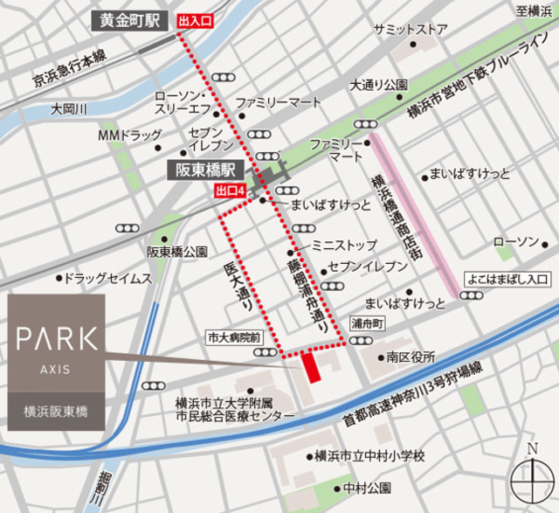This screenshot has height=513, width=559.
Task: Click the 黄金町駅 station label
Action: (130, 19)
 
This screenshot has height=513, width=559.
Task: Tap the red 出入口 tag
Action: (195, 19)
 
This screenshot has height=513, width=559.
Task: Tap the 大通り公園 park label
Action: (379, 86)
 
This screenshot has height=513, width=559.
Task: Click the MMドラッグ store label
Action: (129, 135)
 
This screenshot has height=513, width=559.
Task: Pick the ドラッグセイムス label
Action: (109, 279)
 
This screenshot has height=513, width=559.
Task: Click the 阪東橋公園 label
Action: (176, 252)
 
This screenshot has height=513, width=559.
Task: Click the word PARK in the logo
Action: (57, 337)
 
